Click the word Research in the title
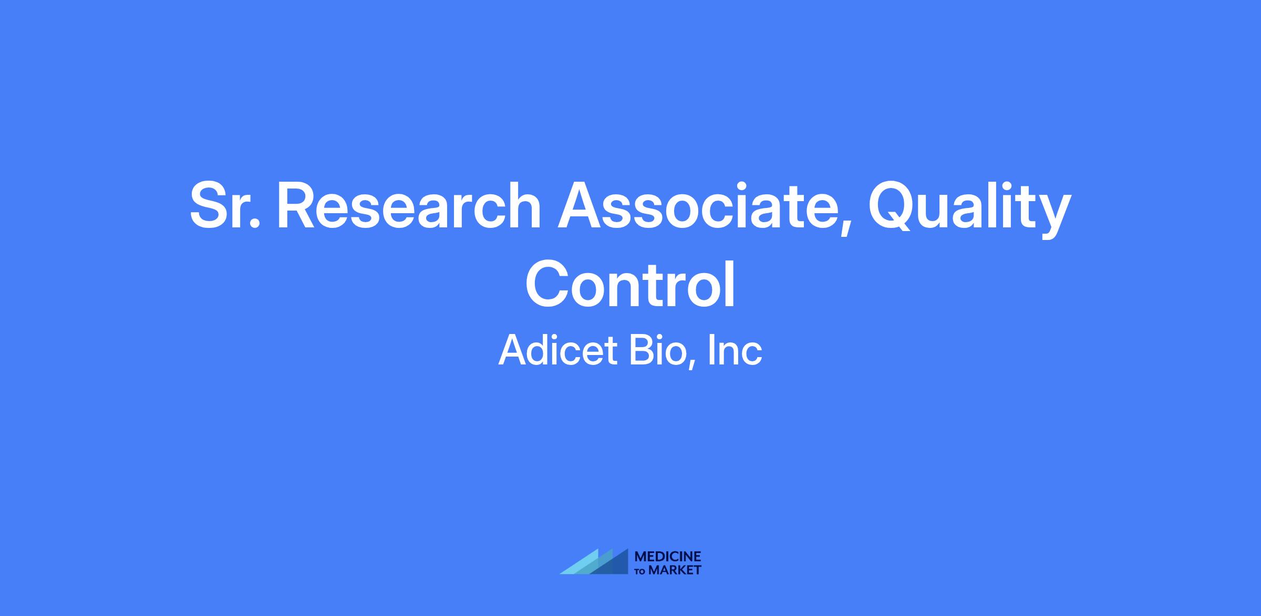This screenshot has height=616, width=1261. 409,206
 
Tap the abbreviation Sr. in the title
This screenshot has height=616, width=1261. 225,206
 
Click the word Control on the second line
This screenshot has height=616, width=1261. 630,285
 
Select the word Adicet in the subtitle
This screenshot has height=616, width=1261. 557,351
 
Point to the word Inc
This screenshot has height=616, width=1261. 735,351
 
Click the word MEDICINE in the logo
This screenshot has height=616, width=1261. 668,557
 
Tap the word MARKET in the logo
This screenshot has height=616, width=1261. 675,570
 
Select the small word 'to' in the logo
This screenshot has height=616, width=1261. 641,571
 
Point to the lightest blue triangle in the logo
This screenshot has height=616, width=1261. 583,565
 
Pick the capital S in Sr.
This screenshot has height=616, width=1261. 210,206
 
